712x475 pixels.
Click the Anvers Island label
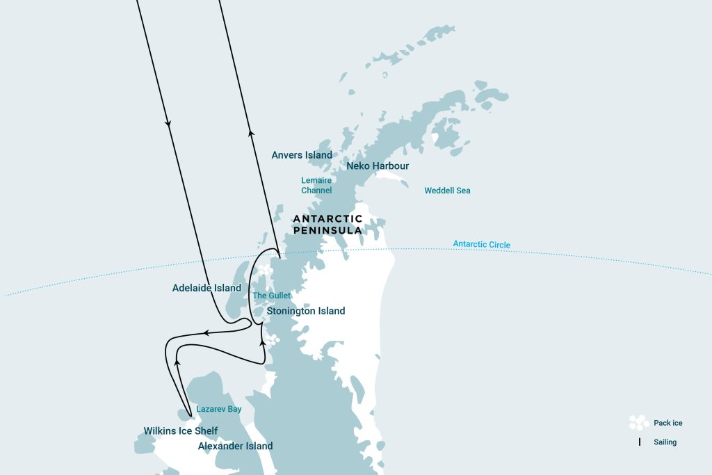click(x=302, y=155)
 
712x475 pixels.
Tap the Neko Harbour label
click(x=378, y=166)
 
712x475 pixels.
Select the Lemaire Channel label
click(x=316, y=185)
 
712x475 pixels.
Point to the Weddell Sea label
click(x=447, y=191)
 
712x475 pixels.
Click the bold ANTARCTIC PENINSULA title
click(x=327, y=224)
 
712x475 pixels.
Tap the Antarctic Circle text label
click(x=481, y=244)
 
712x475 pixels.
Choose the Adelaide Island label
click(x=207, y=288)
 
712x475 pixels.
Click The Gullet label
click(x=271, y=296)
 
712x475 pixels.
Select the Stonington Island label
click(x=306, y=312)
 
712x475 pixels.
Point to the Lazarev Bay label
click(x=218, y=409)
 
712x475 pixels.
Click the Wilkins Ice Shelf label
click(x=180, y=431)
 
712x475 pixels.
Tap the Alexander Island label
click(x=235, y=446)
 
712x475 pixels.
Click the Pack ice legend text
click(x=668, y=423)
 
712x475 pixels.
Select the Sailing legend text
click(x=665, y=442)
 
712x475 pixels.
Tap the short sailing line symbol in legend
click(x=639, y=442)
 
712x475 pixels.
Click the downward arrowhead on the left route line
click(x=168, y=124)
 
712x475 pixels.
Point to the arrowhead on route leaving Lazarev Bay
click(x=177, y=363)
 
